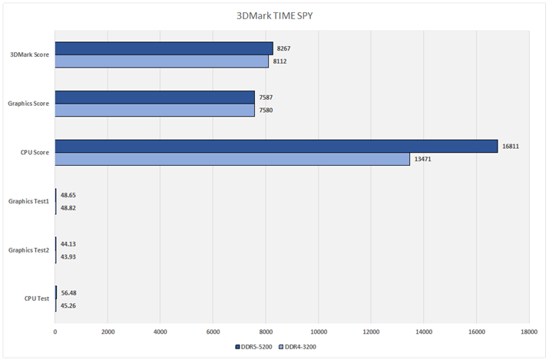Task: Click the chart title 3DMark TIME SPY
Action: coord(274,15)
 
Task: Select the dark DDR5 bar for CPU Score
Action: coord(276,146)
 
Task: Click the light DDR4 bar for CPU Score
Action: coord(232,159)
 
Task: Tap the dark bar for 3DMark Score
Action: coord(164,48)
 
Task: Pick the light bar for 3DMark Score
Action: coord(161,61)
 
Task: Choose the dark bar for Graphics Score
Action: coord(154,97)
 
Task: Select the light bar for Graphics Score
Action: coord(154,110)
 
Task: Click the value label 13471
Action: coord(423,159)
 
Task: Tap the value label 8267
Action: coord(283,48)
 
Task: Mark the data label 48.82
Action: coord(68,208)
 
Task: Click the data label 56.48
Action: coord(68,292)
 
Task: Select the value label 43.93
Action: coord(68,256)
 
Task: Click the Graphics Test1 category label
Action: coord(28,201)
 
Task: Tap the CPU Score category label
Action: coord(35,153)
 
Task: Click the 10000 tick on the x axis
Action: coord(318,332)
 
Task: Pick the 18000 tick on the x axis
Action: coord(528,332)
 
